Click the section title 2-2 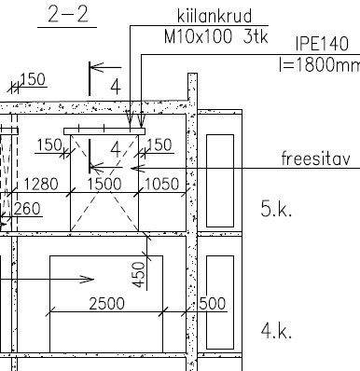coord(68,15)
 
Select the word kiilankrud coord(215,16)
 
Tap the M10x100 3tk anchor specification coord(215,37)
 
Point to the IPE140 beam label coord(322,44)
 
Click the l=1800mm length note coord(320,64)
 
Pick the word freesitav coord(315,158)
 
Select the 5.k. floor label coord(276,209)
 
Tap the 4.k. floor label coord(276,331)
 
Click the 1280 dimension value coord(41,184)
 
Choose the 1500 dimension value coord(104,184)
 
